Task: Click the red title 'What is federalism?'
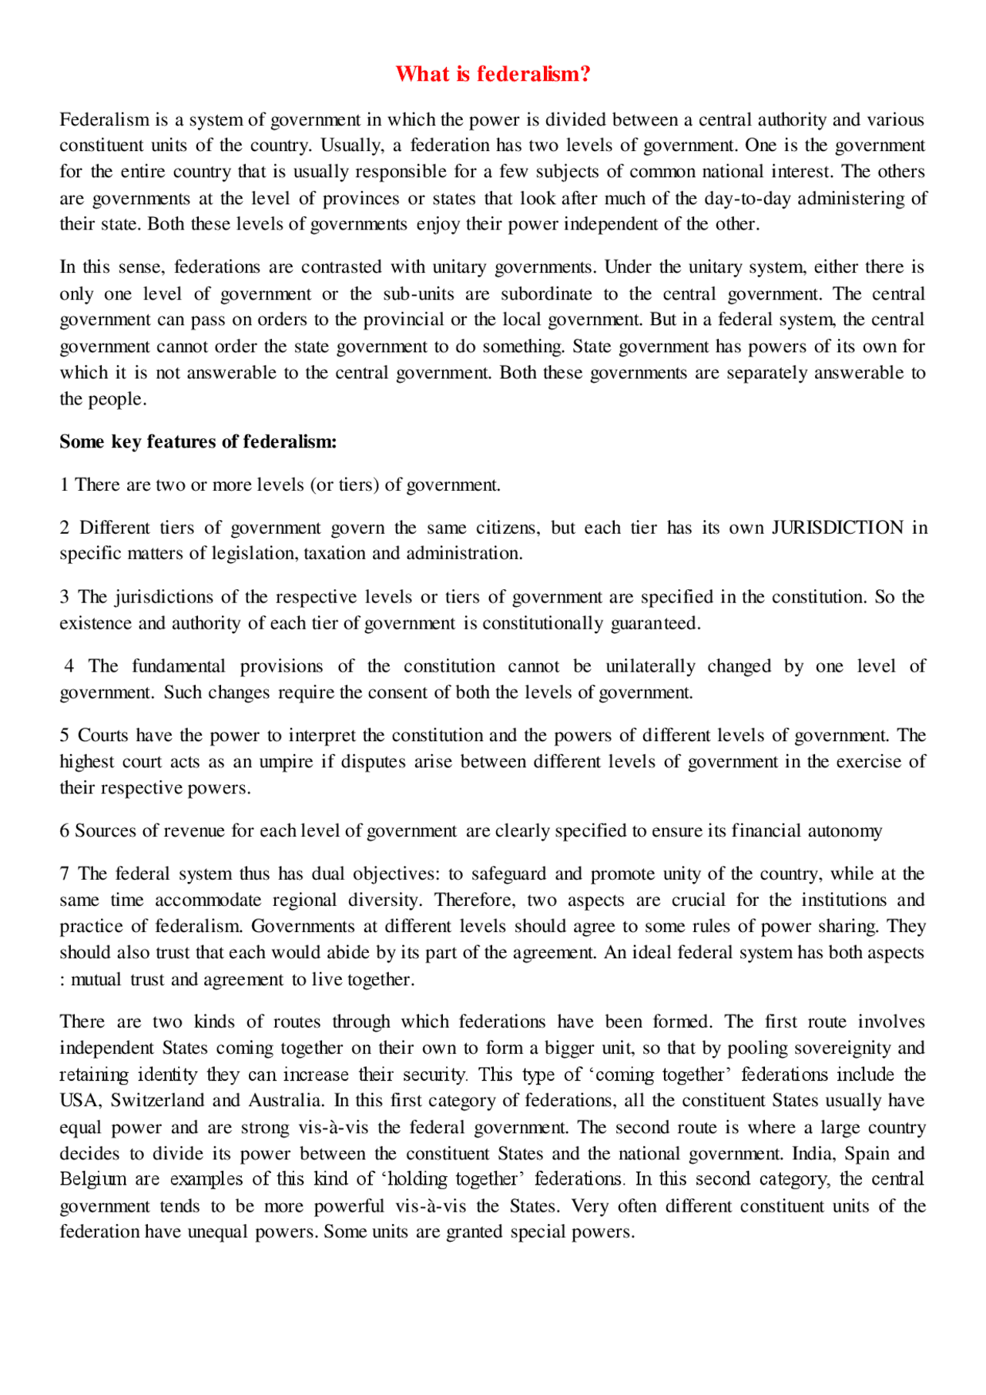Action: (x=493, y=74)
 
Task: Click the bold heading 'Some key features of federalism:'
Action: (x=198, y=441)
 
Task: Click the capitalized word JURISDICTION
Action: (x=837, y=528)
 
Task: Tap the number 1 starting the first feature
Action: (x=64, y=485)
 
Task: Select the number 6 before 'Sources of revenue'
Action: (x=65, y=830)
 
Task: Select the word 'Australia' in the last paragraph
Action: (x=284, y=1100)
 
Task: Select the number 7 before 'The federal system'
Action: (x=65, y=874)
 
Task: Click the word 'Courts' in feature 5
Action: (x=103, y=736)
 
